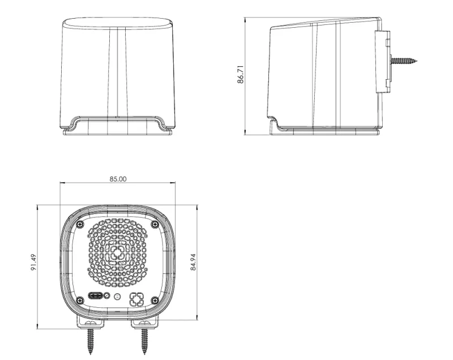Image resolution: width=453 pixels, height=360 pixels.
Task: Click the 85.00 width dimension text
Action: pos(118,179)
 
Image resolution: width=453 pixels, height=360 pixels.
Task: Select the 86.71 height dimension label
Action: pos(241,75)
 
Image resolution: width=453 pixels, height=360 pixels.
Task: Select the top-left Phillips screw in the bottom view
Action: pos(80,225)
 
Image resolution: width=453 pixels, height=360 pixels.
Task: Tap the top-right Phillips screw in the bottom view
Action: pos(155,225)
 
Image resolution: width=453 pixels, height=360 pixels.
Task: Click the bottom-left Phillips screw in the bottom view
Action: pos(80,300)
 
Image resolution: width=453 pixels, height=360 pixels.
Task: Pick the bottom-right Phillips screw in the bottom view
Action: pos(155,300)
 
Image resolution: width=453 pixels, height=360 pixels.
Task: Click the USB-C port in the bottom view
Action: pos(95,297)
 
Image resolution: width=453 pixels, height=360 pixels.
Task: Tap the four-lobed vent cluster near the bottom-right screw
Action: pos(136,299)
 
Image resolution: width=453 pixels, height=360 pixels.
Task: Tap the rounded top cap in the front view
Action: pos(118,23)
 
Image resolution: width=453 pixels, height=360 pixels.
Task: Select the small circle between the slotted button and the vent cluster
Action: pos(117,297)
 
